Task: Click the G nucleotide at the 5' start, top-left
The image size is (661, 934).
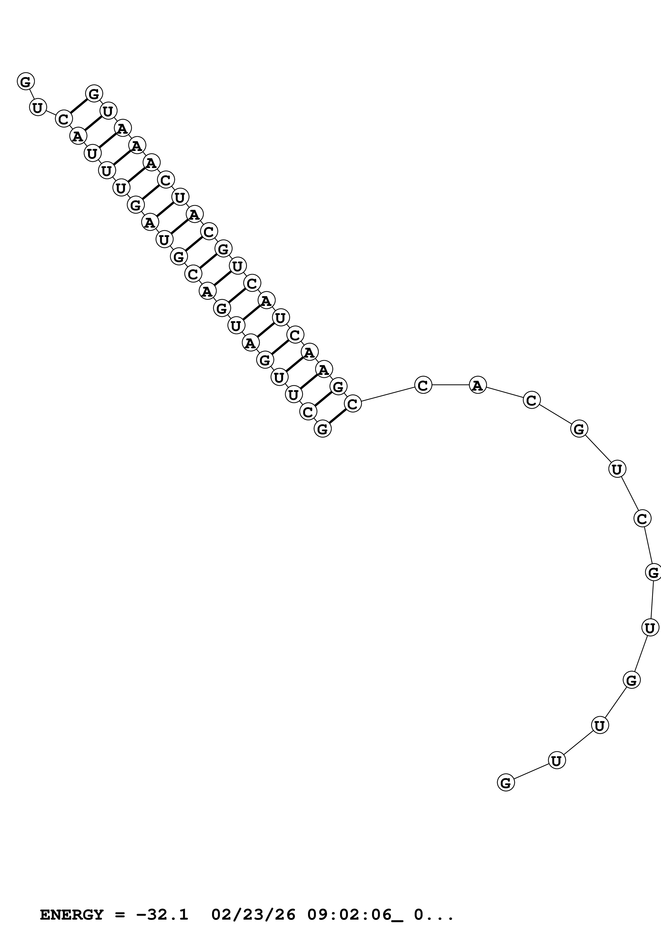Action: (26, 81)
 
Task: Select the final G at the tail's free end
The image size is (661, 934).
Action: (506, 782)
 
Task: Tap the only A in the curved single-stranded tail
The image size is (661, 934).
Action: (477, 384)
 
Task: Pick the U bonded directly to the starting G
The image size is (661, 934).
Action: (38, 108)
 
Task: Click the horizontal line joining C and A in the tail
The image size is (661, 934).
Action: (450, 384)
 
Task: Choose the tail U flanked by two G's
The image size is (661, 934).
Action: (650, 627)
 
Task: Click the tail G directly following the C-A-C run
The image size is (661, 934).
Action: (579, 429)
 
